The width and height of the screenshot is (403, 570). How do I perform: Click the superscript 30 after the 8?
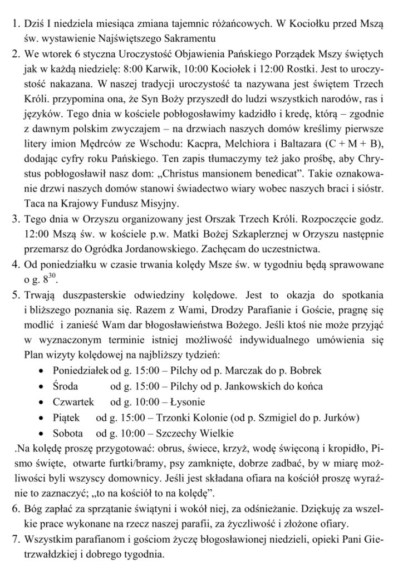click(53, 275)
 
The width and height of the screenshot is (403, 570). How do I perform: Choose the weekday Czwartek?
click(73, 401)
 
